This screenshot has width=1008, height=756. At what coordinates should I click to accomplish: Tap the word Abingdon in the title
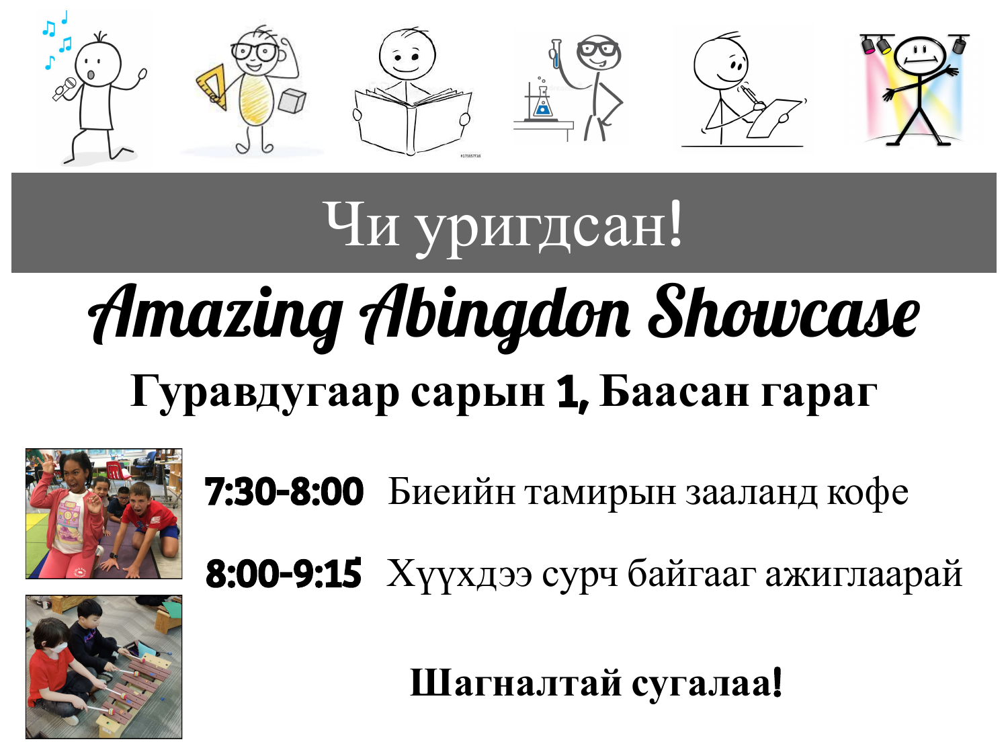pyautogui.click(x=495, y=317)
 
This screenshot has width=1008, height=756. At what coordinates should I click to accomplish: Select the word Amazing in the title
pyautogui.click(x=216, y=317)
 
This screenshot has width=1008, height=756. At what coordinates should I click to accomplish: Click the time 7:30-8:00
pyautogui.click(x=284, y=492)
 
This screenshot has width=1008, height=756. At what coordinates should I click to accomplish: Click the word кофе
pyautogui.click(x=868, y=492)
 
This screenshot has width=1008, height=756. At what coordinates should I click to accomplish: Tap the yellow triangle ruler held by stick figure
pyautogui.click(x=212, y=87)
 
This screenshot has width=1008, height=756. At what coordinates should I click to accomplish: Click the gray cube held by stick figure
pyautogui.click(x=292, y=101)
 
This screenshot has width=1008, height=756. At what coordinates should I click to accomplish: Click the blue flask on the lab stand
pyautogui.click(x=542, y=106)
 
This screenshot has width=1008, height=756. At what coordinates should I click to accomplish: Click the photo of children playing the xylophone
pyautogui.click(x=103, y=667)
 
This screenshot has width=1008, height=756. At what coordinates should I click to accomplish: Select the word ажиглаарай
pyautogui.click(x=864, y=575)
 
